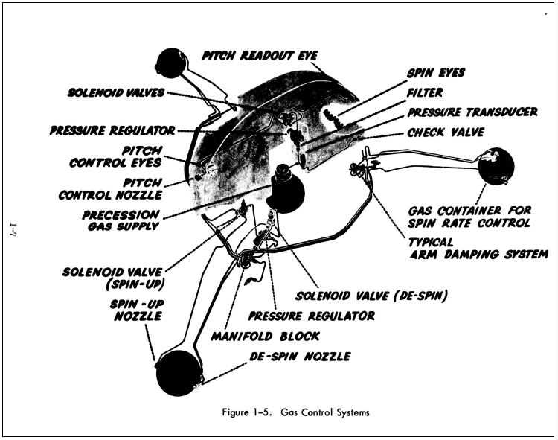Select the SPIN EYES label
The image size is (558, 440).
coord(436,73)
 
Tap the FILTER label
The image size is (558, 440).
coord(425,92)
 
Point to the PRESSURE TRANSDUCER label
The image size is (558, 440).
coord(472,112)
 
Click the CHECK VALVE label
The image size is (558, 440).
coord(446,133)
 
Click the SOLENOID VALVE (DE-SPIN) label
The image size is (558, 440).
coord(371,296)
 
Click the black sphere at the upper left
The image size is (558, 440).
coord(172,63)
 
